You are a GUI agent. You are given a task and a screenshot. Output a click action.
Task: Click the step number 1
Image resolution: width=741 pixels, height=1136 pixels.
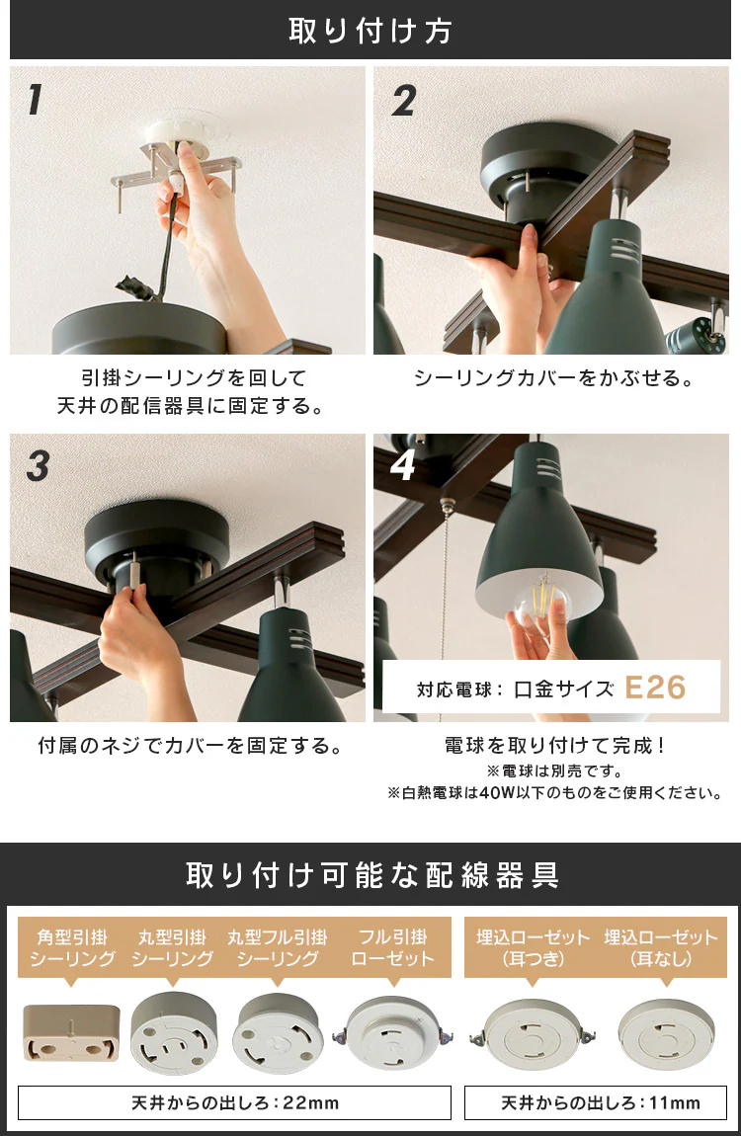point(34,100)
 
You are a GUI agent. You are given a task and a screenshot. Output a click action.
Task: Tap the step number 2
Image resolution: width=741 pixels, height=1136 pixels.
point(404,100)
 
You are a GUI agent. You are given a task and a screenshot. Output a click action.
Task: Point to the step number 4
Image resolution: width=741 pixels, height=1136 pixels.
point(403,465)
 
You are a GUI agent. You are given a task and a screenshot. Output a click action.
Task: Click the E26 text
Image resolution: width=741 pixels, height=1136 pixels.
point(655,688)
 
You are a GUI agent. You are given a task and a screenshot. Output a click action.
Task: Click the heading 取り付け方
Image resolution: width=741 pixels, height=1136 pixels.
point(370,31)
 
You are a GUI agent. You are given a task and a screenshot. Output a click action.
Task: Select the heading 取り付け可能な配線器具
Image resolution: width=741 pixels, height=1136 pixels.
point(372,875)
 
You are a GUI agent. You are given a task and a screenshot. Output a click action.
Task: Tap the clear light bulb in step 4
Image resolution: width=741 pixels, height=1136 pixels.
point(542,600)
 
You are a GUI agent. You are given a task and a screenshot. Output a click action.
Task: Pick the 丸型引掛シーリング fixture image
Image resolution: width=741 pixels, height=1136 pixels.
point(174,1033)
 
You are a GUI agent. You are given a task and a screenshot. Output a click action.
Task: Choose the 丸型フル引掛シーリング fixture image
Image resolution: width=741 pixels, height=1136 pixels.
point(279,1033)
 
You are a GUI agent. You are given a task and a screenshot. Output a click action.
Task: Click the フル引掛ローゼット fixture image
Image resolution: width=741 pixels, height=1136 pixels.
point(393,1033)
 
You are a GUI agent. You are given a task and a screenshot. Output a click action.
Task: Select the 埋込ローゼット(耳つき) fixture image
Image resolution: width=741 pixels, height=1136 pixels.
point(533,1034)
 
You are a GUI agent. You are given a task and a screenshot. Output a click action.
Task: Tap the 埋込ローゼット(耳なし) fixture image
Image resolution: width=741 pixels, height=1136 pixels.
point(666,1034)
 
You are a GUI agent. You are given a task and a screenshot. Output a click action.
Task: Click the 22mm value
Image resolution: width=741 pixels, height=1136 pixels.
point(311,1102)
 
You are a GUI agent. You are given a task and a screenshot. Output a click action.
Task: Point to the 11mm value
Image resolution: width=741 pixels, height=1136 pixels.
point(675,1102)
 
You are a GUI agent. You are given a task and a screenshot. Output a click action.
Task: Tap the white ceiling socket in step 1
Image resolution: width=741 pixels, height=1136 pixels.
point(176,133)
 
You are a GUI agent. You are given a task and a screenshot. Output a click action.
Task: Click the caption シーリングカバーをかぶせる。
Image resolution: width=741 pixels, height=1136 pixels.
point(554,378)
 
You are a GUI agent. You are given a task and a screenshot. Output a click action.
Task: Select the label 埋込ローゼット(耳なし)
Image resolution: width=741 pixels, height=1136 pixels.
point(660,947)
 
